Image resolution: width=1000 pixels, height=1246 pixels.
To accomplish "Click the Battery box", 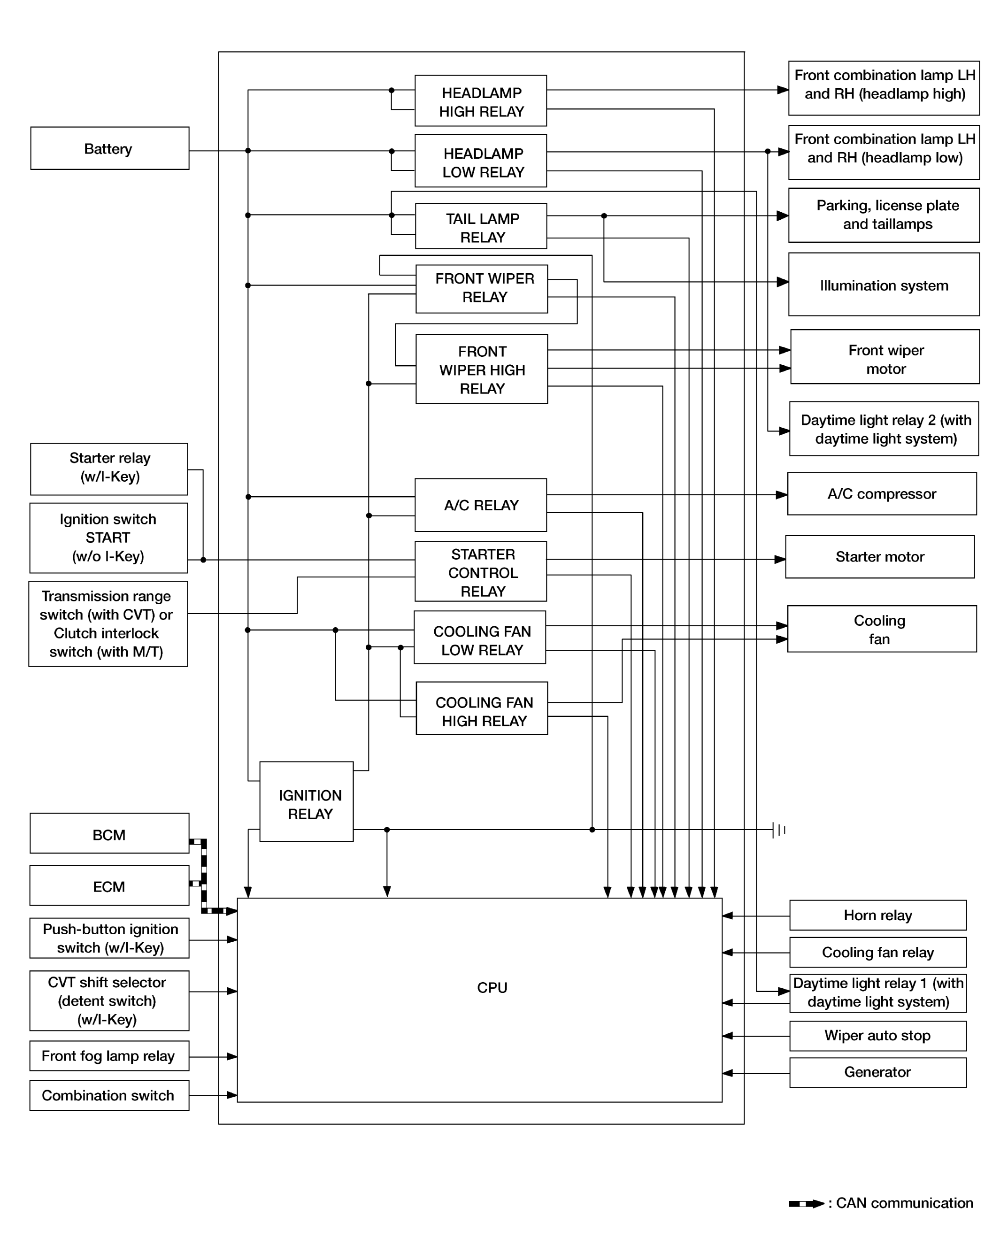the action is [x=110, y=148].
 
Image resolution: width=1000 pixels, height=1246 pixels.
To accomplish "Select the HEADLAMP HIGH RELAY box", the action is [x=480, y=100].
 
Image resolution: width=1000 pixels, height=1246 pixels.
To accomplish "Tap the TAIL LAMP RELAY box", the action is [x=481, y=226].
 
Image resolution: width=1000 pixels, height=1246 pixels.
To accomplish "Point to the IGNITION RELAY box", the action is [x=307, y=801].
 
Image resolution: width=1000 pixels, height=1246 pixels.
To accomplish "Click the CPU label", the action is [x=492, y=988].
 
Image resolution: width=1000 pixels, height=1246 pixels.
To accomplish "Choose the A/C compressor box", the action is [x=882, y=494].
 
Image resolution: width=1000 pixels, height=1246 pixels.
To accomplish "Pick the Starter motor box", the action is [x=880, y=556].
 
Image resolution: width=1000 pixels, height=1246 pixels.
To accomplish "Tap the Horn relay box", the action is [x=878, y=915].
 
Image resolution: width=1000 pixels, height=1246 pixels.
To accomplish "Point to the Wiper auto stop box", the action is [x=878, y=1036].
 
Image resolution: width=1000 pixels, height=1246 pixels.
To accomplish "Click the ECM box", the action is [x=109, y=885].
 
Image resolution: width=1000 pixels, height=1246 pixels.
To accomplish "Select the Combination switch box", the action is [x=109, y=1095].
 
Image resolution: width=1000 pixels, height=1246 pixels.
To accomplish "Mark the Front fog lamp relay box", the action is [x=109, y=1056].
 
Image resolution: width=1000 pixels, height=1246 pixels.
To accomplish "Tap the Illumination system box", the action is [x=884, y=285].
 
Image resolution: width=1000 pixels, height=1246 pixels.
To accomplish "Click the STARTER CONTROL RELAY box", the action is [x=480, y=571].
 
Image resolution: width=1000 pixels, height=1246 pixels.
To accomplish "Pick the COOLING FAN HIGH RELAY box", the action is [x=482, y=708].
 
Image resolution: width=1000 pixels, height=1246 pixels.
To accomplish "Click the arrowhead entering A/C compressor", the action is [x=782, y=495].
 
